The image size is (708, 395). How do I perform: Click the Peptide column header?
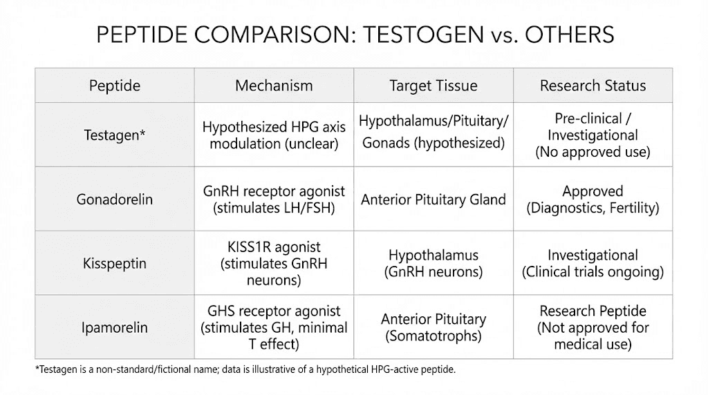115,86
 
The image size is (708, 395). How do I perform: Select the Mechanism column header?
274,86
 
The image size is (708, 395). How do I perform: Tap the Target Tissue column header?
434,86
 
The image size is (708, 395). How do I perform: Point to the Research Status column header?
593,86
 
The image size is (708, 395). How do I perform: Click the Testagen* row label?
115,135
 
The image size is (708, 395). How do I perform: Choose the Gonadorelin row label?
115,200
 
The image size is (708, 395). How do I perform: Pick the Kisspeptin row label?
115,264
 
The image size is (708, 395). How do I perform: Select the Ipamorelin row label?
115,327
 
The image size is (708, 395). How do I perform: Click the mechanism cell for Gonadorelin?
274,200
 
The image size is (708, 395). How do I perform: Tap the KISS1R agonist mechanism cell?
274,264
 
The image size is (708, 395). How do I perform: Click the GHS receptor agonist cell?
274,327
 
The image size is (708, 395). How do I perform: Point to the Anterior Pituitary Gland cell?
434,200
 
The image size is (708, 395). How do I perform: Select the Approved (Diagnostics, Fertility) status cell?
593,200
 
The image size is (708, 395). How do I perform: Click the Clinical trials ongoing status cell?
593,264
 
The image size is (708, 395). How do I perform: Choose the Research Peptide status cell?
593,327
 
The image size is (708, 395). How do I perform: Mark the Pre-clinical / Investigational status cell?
593,135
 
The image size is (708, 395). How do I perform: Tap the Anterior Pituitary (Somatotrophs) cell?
434,327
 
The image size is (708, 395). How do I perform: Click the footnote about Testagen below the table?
245,370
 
